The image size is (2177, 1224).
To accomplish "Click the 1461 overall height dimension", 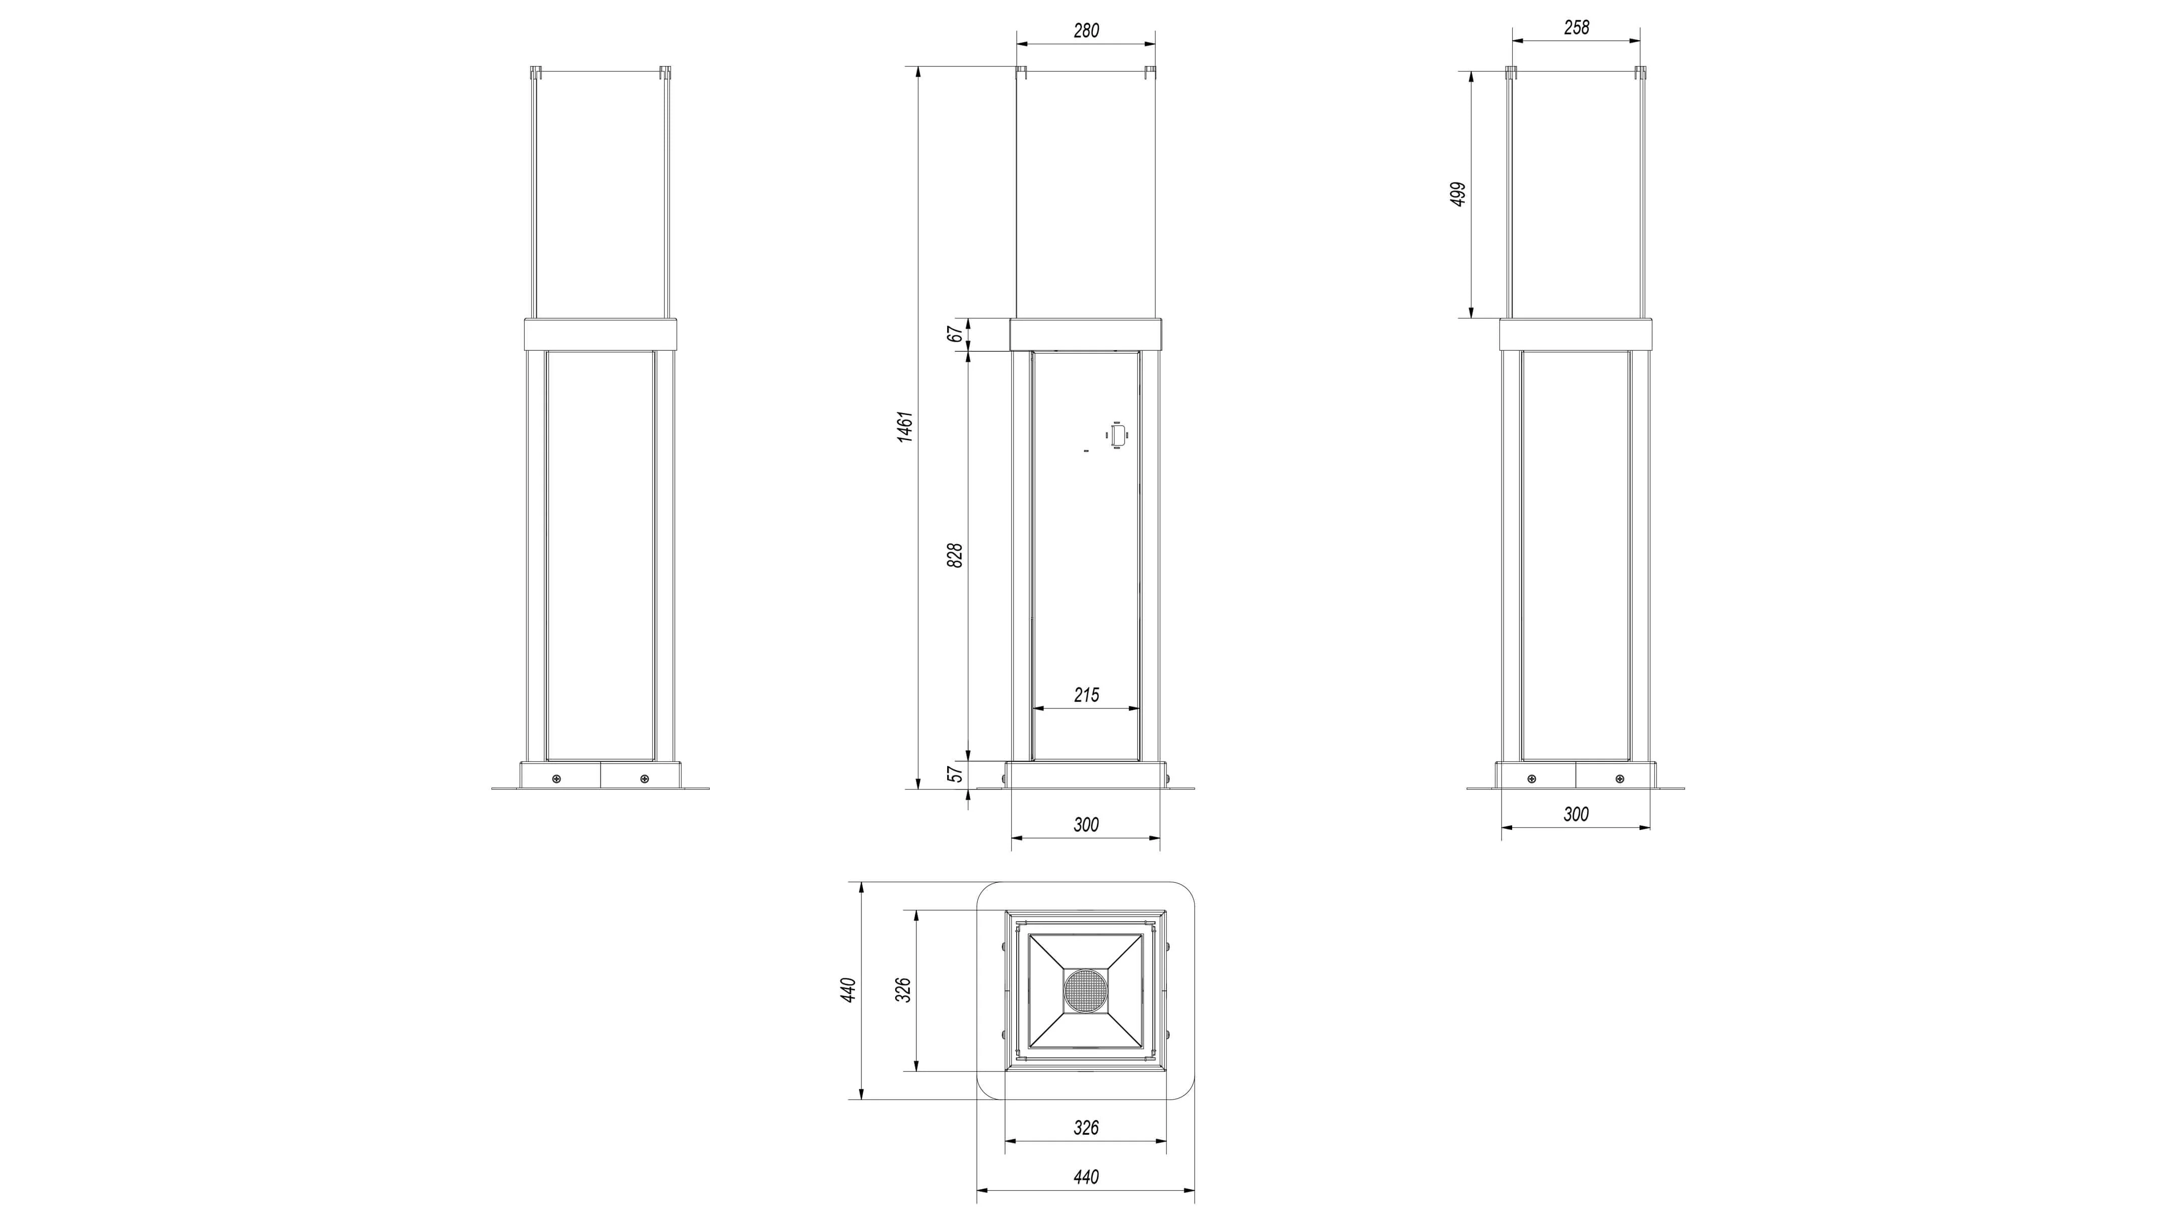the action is pos(905,427).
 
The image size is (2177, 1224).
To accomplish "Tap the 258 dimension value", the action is pos(1576,28).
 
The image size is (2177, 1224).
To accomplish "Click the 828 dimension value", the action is pos(955,555).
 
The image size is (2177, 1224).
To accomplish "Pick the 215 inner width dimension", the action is pos(1086,695).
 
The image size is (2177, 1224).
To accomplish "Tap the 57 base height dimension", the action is pos(955,773).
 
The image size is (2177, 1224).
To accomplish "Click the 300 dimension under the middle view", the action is pos(1086,824).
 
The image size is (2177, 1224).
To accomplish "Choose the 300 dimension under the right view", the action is pos(1576,814).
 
